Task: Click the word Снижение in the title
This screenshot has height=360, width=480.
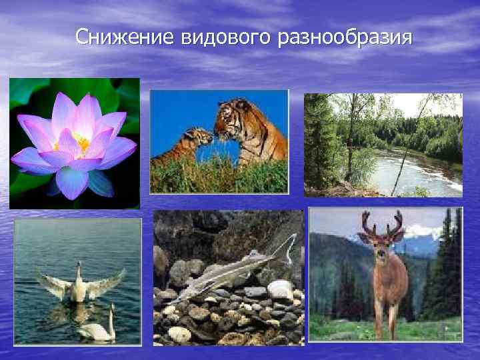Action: click(125, 37)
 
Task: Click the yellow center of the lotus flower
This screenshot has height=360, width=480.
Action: click(81, 142)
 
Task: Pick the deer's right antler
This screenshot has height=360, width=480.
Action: click(397, 223)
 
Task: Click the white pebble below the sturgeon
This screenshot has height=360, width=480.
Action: click(280, 289)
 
